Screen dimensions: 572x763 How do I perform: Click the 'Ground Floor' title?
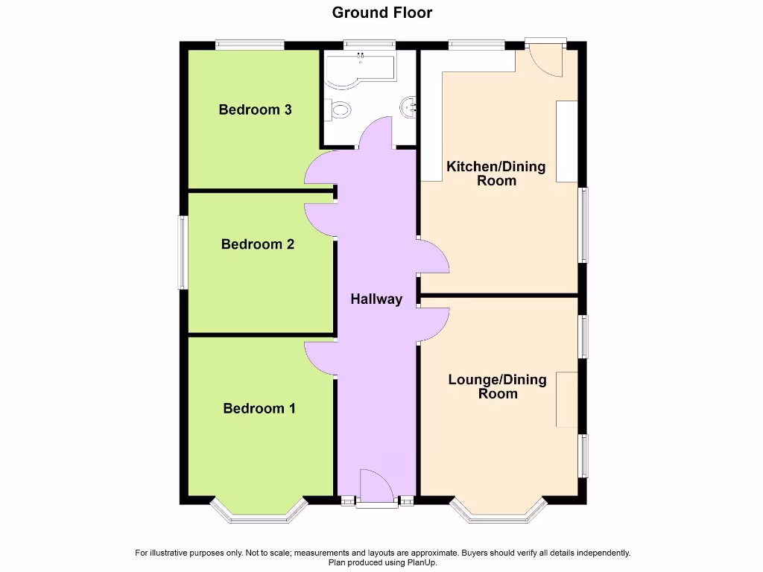pyautogui.click(x=381, y=13)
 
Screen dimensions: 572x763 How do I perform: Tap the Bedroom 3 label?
pyautogui.click(x=255, y=109)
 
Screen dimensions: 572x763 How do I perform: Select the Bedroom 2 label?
pyautogui.click(x=258, y=244)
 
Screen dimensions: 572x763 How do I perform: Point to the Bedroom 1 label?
pyautogui.click(x=259, y=408)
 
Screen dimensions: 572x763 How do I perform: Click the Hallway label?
pyautogui.click(x=376, y=299)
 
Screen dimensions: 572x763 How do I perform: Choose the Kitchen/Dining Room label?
pyautogui.click(x=496, y=173)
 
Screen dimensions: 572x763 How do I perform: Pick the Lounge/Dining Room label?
pyautogui.click(x=497, y=386)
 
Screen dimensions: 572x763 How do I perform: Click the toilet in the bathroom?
pyautogui.click(x=339, y=111)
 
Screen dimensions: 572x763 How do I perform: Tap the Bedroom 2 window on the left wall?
pyautogui.click(x=182, y=252)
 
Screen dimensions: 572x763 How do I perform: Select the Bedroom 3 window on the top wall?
pyautogui.click(x=250, y=45)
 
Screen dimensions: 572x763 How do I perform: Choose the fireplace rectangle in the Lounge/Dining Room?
pyautogui.click(x=566, y=399)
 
